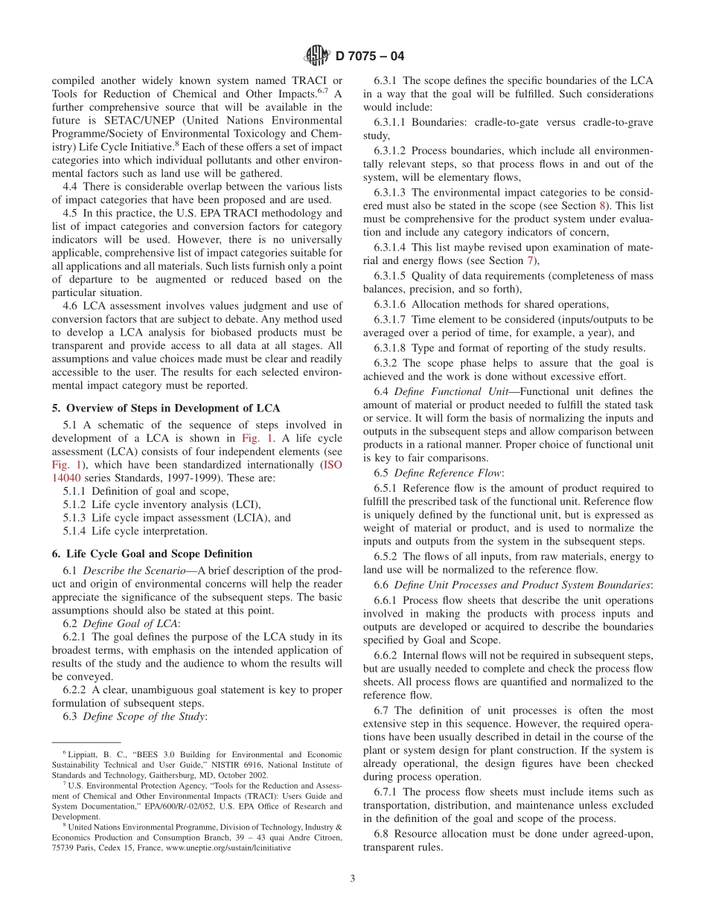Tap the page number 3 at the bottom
coord(353,878)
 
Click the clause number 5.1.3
coord(75,518)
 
